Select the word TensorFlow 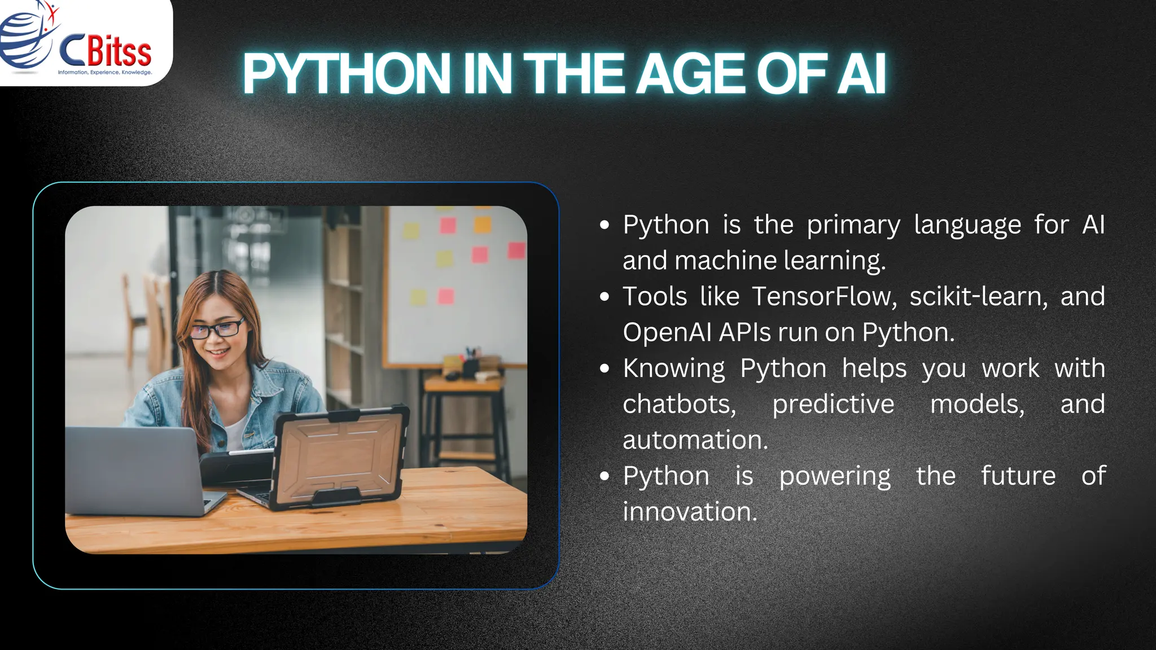coord(824,297)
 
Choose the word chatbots coord(679,404)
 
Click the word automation coord(695,440)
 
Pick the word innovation coord(689,512)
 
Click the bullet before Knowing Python coord(605,369)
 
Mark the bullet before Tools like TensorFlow coord(605,297)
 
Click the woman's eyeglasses coord(217,329)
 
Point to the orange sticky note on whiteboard coord(483,225)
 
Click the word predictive coord(833,404)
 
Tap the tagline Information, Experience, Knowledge coord(105,72)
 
